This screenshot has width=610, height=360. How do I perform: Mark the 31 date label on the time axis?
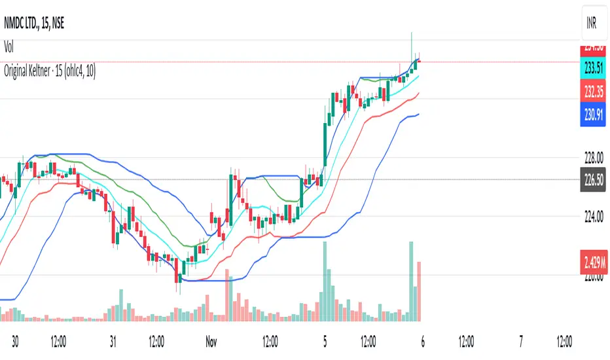click(113, 341)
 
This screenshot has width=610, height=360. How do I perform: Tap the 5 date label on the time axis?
click(326, 341)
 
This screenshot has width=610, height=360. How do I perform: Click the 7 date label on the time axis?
click(521, 341)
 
